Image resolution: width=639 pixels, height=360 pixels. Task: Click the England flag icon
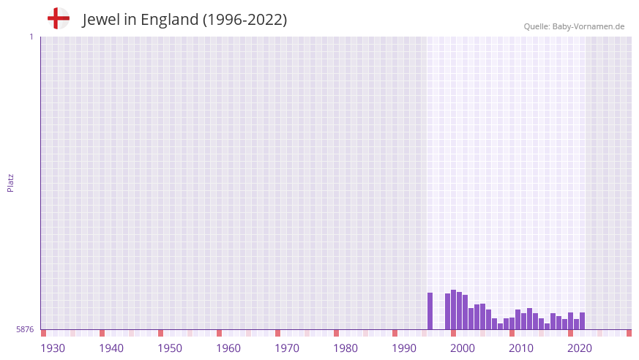(59, 18)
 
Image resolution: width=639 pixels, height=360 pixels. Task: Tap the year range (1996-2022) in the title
(245, 20)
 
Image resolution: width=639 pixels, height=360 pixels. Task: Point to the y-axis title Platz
(10, 182)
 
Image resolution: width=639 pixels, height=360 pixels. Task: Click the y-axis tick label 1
(31, 37)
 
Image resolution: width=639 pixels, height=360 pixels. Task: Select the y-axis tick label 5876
(25, 330)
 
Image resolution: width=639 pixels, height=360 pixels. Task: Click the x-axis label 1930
(53, 348)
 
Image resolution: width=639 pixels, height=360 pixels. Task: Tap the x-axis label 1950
(170, 348)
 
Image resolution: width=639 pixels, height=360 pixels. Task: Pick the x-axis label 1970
(287, 348)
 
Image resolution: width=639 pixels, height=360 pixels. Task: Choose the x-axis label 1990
(404, 348)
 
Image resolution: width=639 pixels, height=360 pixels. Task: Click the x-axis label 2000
(463, 348)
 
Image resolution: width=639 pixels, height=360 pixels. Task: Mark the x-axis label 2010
(521, 348)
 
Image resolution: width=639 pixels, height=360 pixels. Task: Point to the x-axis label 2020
(580, 348)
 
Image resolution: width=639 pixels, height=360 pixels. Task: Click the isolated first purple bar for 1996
(430, 312)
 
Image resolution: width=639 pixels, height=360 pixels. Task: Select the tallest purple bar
(454, 310)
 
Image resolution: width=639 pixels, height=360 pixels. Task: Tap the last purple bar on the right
(583, 321)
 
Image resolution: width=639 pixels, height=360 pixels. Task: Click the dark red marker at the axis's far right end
(629, 333)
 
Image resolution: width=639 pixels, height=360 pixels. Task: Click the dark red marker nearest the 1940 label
(102, 333)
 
